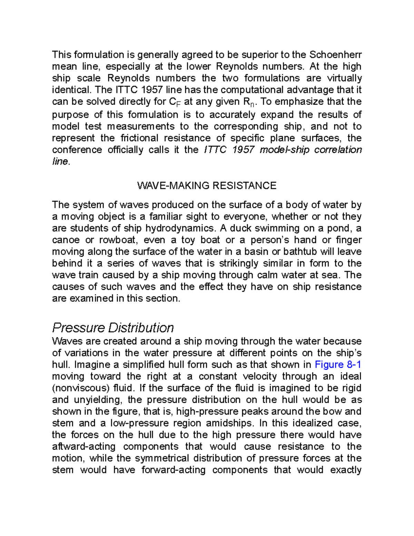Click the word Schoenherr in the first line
click(x=335, y=55)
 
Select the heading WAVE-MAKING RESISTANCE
click(x=207, y=186)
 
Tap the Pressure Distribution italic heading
click(x=113, y=327)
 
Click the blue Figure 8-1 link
click(x=338, y=364)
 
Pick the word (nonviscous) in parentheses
click(x=81, y=388)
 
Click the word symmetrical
click(x=162, y=458)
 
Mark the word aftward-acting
click(x=83, y=447)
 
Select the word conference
click(x=77, y=150)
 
